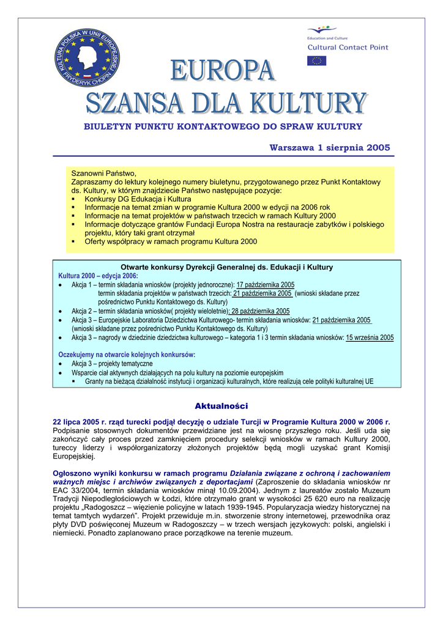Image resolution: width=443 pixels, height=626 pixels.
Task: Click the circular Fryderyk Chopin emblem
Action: click(x=87, y=57)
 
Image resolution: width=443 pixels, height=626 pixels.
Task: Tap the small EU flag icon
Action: click(x=316, y=61)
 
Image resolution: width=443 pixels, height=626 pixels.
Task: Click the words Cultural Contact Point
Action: click(x=347, y=47)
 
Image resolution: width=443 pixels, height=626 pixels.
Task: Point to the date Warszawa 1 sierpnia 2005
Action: click(x=330, y=148)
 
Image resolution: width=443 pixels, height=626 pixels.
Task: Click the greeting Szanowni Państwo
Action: click(x=103, y=174)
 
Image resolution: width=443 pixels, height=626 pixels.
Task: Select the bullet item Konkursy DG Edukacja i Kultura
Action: click(x=138, y=199)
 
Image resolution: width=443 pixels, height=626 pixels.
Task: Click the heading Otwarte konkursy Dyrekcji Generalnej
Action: click(x=226, y=267)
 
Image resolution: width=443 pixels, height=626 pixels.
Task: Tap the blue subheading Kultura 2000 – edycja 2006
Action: click(x=98, y=276)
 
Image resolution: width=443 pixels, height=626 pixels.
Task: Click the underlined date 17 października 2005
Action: click(x=266, y=285)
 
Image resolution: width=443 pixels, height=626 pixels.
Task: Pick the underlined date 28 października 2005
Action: click(x=261, y=311)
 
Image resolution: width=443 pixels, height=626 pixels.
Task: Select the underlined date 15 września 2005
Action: click(x=370, y=337)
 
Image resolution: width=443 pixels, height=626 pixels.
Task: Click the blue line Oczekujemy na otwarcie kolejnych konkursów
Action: click(x=127, y=355)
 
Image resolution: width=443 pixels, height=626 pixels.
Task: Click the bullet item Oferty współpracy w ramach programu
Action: click(x=171, y=241)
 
